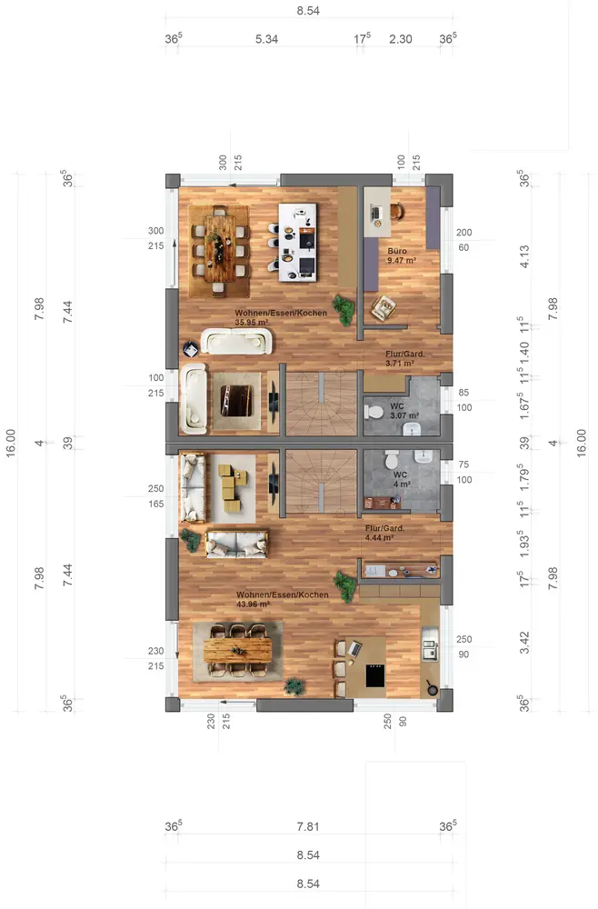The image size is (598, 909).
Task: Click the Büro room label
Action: [x=397, y=251]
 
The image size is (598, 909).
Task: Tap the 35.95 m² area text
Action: [x=252, y=323]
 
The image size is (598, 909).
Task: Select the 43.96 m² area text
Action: [x=254, y=604]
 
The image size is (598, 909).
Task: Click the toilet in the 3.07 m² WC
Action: [x=374, y=412]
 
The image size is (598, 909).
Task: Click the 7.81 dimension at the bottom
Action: [x=308, y=826]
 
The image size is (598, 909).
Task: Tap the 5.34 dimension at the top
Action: [x=266, y=39]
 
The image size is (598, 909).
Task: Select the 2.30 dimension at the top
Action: [x=401, y=39]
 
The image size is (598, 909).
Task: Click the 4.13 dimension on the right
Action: [x=524, y=256]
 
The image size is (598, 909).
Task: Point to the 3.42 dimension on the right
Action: [x=524, y=643]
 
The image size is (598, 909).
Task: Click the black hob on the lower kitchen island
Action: [x=375, y=676]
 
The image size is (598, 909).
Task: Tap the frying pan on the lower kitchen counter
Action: [x=431, y=687]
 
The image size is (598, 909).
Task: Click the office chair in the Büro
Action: [x=397, y=211]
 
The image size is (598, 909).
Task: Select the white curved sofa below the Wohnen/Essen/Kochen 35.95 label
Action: [x=236, y=342]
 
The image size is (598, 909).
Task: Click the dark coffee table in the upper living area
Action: [x=236, y=401]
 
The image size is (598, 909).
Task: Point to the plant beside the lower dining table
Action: [x=294, y=686]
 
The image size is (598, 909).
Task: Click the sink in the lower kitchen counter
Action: [x=429, y=649]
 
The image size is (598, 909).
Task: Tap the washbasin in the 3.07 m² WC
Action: [x=412, y=429]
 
